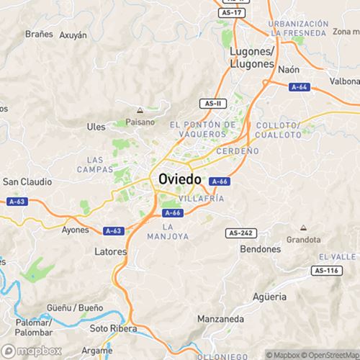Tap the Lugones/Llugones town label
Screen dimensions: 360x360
click(x=251, y=58)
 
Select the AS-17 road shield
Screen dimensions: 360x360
click(x=232, y=12)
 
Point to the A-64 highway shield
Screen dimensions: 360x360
click(x=300, y=86)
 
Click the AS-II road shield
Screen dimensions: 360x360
click(x=211, y=104)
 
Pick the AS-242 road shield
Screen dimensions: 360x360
click(x=240, y=233)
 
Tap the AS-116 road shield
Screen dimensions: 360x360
click(x=327, y=270)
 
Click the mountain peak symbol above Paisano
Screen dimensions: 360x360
click(x=140, y=111)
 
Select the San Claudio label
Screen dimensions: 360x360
click(x=25, y=181)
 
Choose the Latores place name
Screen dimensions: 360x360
click(x=111, y=252)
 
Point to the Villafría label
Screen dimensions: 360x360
click(x=201, y=198)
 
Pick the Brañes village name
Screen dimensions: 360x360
click(x=39, y=33)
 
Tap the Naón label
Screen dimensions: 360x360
click(x=288, y=70)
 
